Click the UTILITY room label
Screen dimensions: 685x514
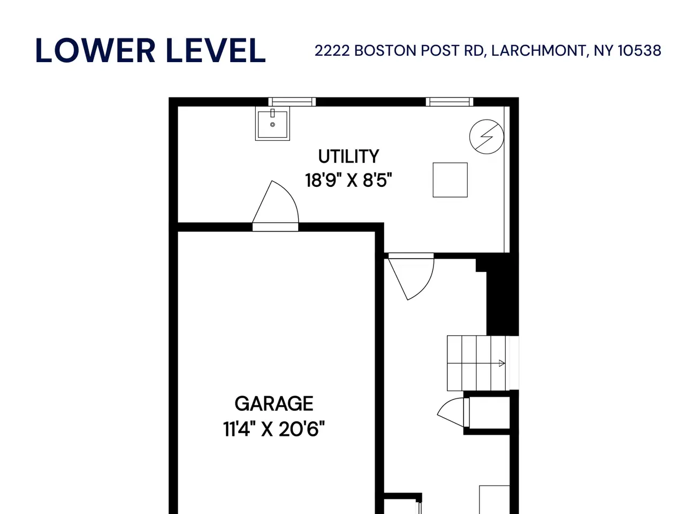tap(348, 157)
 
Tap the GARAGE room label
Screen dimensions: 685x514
tap(273, 404)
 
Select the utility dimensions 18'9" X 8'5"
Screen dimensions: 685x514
tap(348, 180)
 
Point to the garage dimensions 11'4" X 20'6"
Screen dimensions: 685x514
tap(273, 429)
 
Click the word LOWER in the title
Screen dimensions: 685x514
tap(95, 50)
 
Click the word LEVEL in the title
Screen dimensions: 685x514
tap(216, 50)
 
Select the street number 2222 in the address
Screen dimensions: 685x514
tap(332, 50)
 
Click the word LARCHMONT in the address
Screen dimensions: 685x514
tap(538, 50)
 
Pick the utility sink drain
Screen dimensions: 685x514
tap(272, 125)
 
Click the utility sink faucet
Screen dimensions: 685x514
tap(272, 112)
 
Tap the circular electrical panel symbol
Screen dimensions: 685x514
tap(486, 137)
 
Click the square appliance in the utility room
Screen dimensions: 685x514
tap(450, 180)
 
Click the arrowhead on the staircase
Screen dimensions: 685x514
tap(502, 363)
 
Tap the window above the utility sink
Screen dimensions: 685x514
tap(292, 102)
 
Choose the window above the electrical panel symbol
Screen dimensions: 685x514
tap(450, 102)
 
